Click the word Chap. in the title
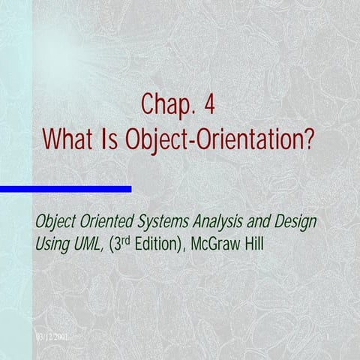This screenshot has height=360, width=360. pyautogui.click(x=164, y=106)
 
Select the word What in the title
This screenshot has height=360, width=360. pyautogui.click(x=68, y=139)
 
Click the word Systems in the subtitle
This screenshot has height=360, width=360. pyautogui.click(x=166, y=223)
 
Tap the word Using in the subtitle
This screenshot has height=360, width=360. pyautogui.click(x=52, y=244)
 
